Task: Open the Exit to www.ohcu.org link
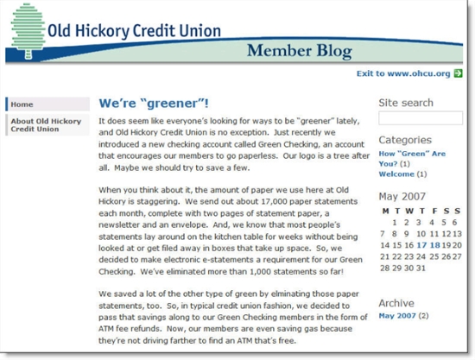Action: [x=403, y=73]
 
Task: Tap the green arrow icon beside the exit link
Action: [x=459, y=73]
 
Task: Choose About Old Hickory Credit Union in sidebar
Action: [x=46, y=125]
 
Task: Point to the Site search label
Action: [x=406, y=103]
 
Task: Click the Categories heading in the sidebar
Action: [x=405, y=140]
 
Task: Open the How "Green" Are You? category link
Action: [x=411, y=158]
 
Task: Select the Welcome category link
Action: [x=396, y=174]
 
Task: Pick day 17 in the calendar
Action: [x=422, y=244]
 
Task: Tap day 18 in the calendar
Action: [x=434, y=244]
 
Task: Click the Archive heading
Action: [x=397, y=303]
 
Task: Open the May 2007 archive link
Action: [x=397, y=317]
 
